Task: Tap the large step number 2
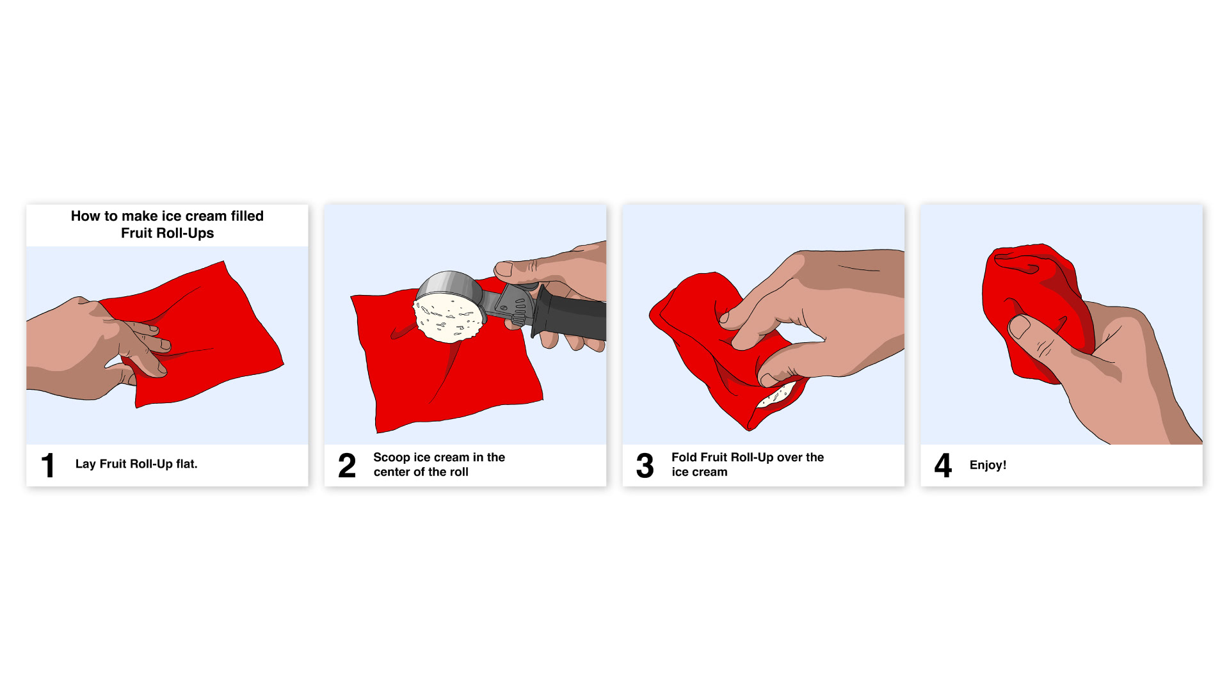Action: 347,465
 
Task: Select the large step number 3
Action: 645,465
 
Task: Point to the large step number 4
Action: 943,465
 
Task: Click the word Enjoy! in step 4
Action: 988,465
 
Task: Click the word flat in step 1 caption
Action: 186,464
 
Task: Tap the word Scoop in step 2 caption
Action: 392,457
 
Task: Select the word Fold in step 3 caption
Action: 684,457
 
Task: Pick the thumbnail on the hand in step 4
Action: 1020,327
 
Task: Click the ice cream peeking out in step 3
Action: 776,396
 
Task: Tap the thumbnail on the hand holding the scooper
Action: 504,269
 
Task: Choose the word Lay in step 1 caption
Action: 85,465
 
